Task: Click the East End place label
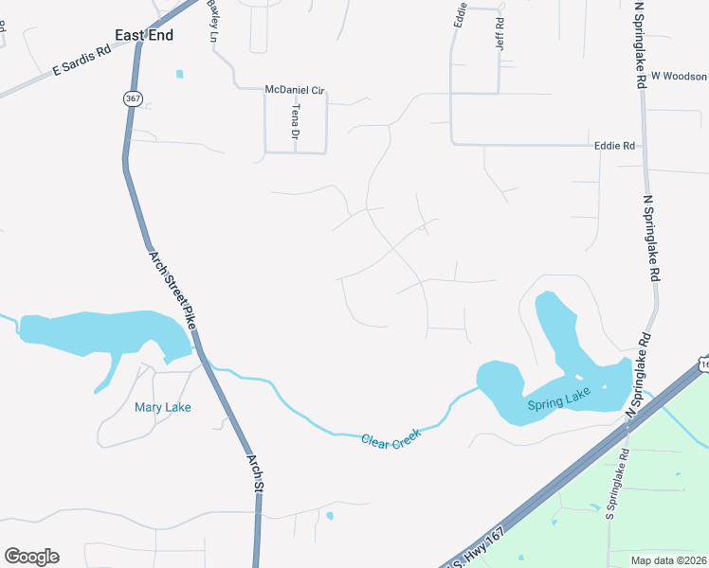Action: (x=143, y=35)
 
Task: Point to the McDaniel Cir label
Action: (x=295, y=89)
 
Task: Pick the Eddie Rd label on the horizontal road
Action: (x=613, y=146)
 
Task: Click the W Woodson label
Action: (x=679, y=75)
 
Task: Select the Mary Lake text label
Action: (x=163, y=408)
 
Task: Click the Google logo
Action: (x=31, y=557)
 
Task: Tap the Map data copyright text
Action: (x=668, y=560)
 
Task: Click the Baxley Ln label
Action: (x=212, y=20)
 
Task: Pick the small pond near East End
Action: (x=178, y=74)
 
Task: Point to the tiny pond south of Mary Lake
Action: (x=329, y=517)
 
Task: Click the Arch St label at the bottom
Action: (x=254, y=471)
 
